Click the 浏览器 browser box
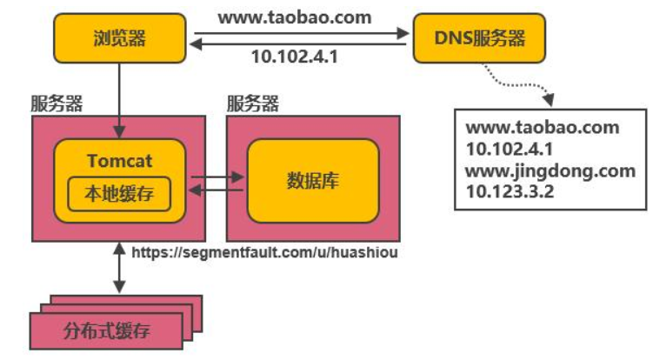point(122,38)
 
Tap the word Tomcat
point(120,161)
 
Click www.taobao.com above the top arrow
point(295,17)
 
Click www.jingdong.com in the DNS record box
point(550,170)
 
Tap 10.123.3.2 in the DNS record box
point(510,190)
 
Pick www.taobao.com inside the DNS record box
point(543,127)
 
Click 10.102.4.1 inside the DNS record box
point(509,148)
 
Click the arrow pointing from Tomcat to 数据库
point(217,177)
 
